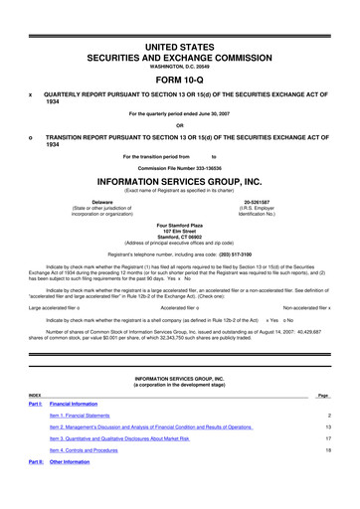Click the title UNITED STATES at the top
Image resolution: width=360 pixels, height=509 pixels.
pos(180,20)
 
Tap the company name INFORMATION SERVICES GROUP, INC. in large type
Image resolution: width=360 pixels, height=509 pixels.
pos(180,182)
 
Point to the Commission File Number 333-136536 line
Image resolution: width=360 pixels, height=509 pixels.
pos(180,168)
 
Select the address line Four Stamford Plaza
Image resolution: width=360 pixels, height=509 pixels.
pos(180,227)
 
